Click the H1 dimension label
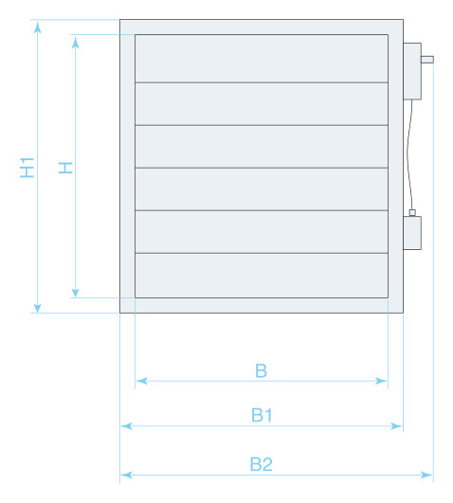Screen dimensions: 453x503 (x=27, y=168)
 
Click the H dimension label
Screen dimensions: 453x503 (x=65, y=168)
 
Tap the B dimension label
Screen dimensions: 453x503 (x=261, y=370)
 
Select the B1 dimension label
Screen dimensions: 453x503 (x=262, y=415)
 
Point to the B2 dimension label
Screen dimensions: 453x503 (x=261, y=464)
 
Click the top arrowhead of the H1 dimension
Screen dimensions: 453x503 (x=38, y=27)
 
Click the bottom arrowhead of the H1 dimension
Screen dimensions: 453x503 (x=38, y=307)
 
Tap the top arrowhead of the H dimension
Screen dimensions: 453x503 (x=76, y=42)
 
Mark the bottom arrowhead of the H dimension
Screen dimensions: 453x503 (x=76, y=292)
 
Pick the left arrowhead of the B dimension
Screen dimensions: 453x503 (x=142, y=381)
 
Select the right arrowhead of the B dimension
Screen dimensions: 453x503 (x=381, y=381)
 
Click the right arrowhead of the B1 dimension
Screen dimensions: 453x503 (x=396, y=426)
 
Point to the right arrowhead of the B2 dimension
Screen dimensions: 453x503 (x=426, y=475)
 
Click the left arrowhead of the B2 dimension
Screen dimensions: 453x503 (x=126, y=475)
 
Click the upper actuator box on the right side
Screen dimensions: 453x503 (x=412, y=71)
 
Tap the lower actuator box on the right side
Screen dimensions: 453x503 (x=412, y=233)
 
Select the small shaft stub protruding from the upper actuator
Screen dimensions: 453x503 (x=427, y=60)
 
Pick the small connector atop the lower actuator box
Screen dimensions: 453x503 (x=412, y=213)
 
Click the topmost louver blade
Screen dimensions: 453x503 (x=262, y=59)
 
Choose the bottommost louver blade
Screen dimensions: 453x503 (x=262, y=276)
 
